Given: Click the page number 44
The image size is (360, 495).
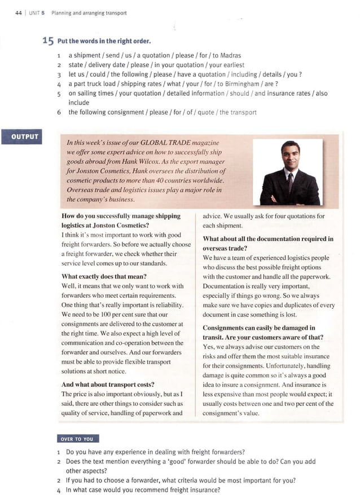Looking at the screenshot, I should click(x=19, y=13).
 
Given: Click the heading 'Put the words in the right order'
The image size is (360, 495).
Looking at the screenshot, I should click(x=104, y=42).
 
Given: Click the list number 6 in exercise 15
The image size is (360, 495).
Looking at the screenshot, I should click(x=59, y=112).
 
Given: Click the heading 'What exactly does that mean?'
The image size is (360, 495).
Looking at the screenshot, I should click(x=104, y=276).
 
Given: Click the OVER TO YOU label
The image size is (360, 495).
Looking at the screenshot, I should click(x=78, y=439).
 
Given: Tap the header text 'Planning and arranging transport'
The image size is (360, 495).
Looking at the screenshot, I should click(x=89, y=13).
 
